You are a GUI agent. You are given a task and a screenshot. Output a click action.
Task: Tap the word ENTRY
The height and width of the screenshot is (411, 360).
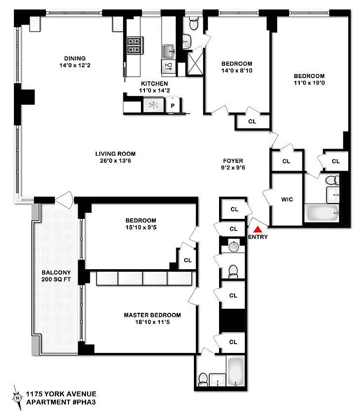click(258, 237)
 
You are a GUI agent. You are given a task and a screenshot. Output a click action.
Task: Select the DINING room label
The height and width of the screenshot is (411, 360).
click(75, 59)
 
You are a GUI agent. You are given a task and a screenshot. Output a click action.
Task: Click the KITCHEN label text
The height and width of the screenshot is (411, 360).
click(154, 83)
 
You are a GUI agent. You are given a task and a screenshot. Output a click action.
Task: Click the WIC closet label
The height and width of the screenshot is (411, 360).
click(287, 199)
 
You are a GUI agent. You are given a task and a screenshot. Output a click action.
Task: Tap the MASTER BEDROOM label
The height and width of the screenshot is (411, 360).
click(152, 315)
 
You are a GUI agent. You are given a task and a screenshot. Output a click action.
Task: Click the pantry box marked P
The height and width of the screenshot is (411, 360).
click(173, 106)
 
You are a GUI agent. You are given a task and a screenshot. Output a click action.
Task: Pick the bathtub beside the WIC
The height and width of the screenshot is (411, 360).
click(321, 212)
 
